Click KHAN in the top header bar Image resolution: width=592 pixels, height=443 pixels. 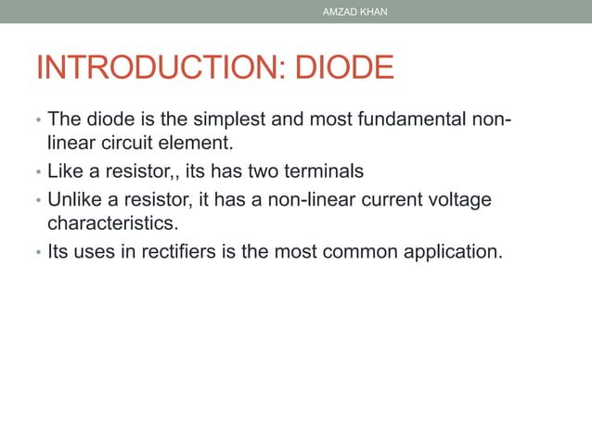[374, 12]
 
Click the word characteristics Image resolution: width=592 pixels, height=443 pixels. [110, 223]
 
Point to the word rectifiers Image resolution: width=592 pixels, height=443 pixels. [187, 250]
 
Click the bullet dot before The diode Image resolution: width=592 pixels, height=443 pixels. [38, 120]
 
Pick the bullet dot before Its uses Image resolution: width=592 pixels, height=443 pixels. [38, 251]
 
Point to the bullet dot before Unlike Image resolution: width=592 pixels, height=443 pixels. [38, 199]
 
